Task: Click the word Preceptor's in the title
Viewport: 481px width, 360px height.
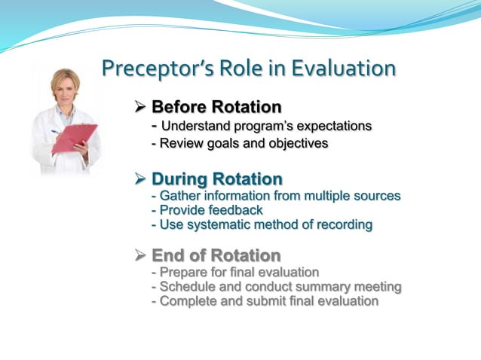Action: pos(147,69)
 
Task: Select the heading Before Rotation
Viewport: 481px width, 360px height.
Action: pos(216,107)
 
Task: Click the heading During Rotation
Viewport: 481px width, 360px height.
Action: pos(217,179)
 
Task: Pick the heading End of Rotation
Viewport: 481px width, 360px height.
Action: pos(216,255)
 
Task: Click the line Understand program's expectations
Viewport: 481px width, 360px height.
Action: pos(265,126)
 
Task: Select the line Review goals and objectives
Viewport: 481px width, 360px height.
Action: pos(240,143)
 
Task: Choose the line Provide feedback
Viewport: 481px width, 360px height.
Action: pos(207,210)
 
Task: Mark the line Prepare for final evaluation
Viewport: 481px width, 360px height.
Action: pos(235,272)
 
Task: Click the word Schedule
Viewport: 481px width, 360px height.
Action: pos(187,287)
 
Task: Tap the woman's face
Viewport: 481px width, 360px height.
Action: pos(66,85)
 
